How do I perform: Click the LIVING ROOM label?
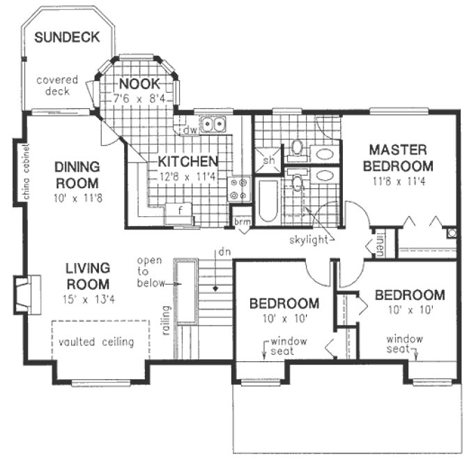point(88,275)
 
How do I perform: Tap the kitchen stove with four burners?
point(239,186)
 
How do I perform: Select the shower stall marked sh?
point(268,159)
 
